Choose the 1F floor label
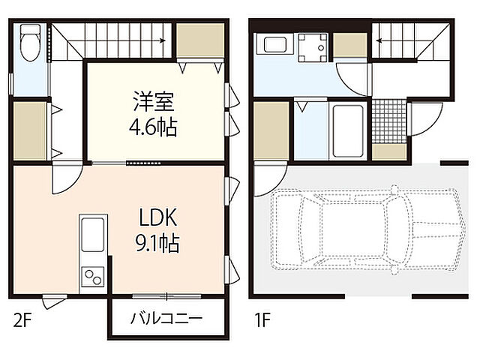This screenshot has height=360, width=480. [x=261, y=320]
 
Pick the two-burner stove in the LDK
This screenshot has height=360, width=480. [x=93, y=276]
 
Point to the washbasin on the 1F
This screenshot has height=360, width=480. [x=271, y=44]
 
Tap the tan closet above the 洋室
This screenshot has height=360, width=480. [x=200, y=41]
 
